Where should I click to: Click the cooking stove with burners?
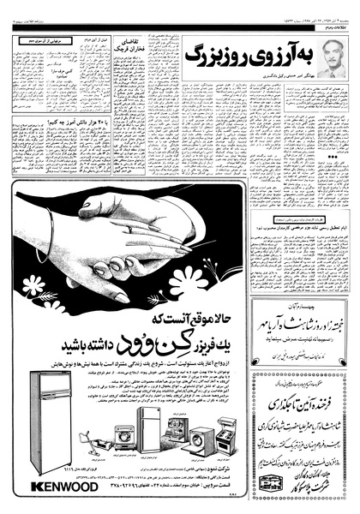pyautogui.click(x=226, y=433)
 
